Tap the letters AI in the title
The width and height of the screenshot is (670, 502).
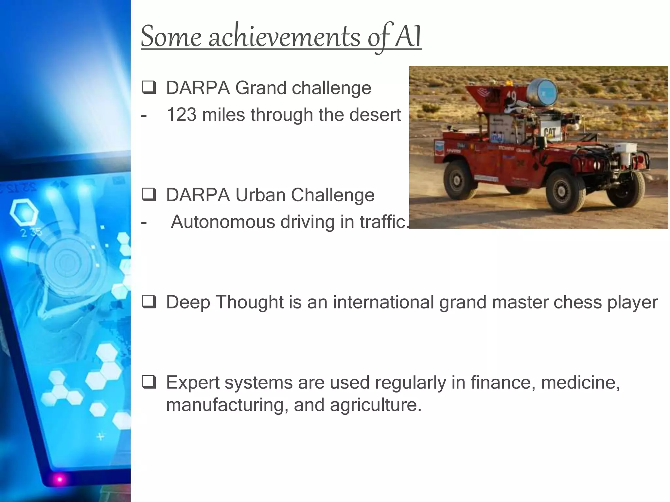[x=408, y=37]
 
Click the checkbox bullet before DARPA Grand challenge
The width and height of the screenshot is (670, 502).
[x=149, y=88]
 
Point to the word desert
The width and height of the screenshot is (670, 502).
[x=375, y=115]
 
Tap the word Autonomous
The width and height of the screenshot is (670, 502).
[x=222, y=222]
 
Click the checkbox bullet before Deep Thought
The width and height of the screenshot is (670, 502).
[x=149, y=302]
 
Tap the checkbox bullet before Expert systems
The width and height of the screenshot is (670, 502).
[x=149, y=382]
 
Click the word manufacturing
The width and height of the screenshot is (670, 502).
[x=227, y=405]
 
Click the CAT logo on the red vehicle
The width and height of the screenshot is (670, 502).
[x=550, y=133]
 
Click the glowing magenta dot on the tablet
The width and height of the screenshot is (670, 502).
[x=60, y=479]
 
